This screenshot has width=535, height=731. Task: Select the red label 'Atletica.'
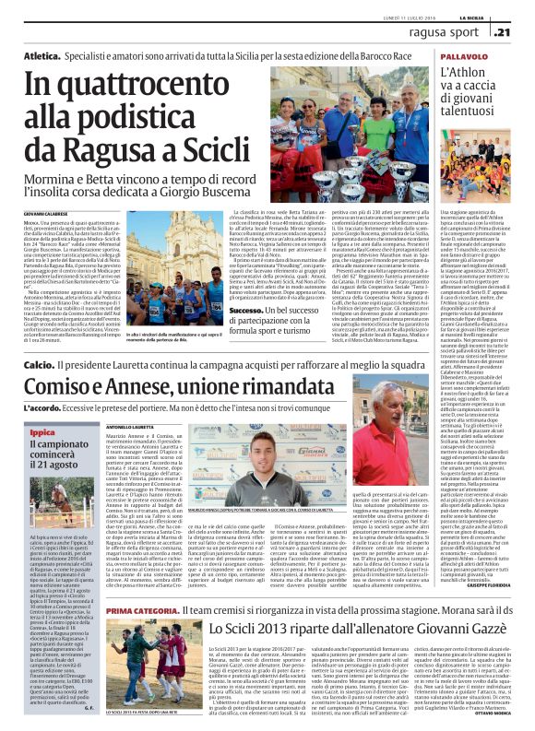click(69, 56)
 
